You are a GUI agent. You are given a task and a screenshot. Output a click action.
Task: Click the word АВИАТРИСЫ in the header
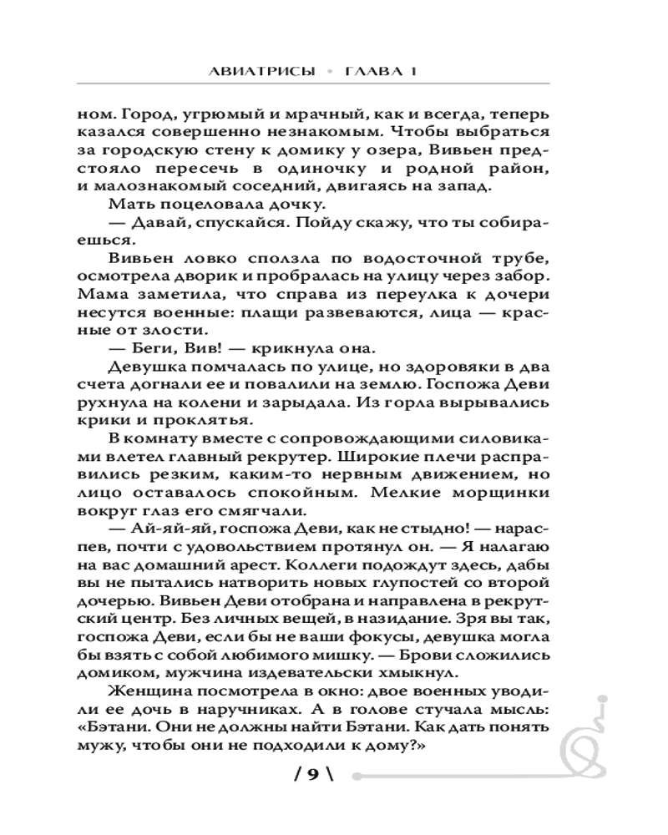tap(261, 72)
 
